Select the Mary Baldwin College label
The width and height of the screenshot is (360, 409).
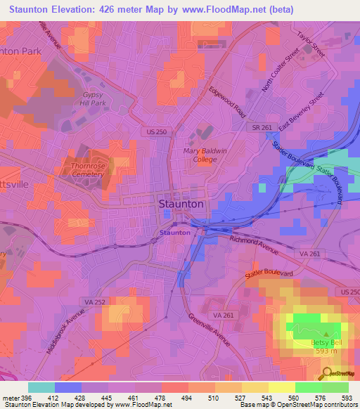pyautogui.click(x=210, y=155)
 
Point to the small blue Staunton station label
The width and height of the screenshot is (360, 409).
pyautogui.click(x=174, y=232)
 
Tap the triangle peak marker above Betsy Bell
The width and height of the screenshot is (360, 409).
pyautogui.click(x=326, y=334)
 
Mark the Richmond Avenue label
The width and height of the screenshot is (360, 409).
pyautogui.click(x=255, y=244)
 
